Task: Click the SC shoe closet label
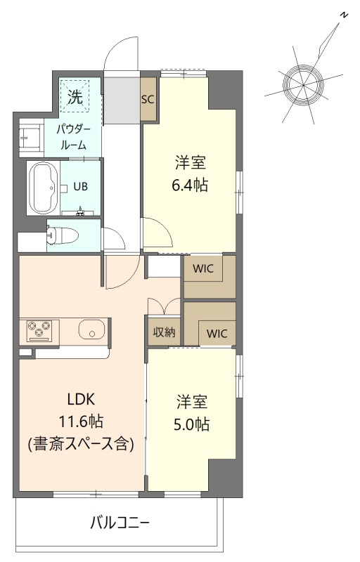click(148, 99)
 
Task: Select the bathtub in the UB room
click(43, 188)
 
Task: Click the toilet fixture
click(63, 236)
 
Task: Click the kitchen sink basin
click(92, 329)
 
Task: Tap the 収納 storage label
click(165, 332)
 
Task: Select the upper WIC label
click(203, 268)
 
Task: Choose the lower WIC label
click(217, 334)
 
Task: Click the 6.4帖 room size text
click(190, 185)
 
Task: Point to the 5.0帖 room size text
click(191, 424)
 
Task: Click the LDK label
click(82, 399)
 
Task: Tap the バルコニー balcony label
click(120, 523)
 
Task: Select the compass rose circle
click(303, 86)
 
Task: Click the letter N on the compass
click(344, 15)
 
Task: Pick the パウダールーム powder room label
click(73, 137)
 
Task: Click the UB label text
click(80, 186)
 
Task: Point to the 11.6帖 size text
click(82, 421)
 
